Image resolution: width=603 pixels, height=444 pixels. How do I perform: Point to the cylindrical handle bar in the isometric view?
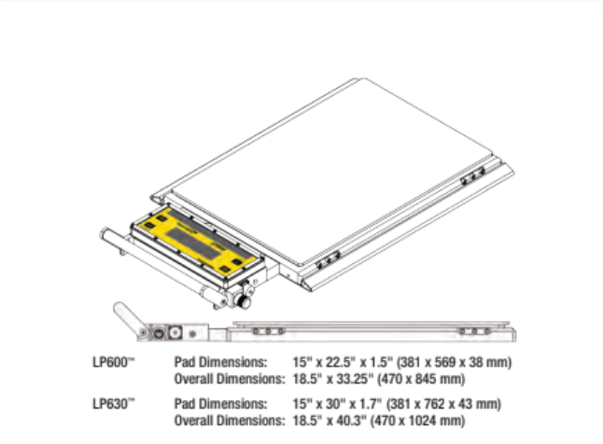pyautogui.click(x=159, y=267)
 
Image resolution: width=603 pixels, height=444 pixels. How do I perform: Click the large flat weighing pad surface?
pyautogui.click(x=345, y=168)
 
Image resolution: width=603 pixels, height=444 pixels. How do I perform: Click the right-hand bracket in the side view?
pyautogui.click(x=476, y=330)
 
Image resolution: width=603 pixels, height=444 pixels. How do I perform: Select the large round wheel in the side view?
pyautogui.click(x=157, y=332)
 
